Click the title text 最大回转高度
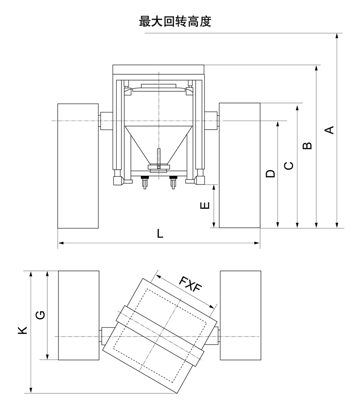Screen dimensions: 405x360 click(175, 22)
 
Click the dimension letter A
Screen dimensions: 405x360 click(329, 130)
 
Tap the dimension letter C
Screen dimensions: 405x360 click(289, 166)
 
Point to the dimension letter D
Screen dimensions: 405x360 click(270, 174)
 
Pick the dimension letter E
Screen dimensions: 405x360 click(205, 206)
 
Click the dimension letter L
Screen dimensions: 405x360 click(160, 234)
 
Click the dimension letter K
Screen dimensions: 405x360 click(23, 330)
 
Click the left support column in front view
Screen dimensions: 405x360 click(78, 165)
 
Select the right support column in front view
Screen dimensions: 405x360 click(239, 165)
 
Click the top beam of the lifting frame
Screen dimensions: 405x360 click(158, 70)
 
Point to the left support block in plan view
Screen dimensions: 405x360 click(79, 315)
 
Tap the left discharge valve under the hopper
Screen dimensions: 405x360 click(145, 182)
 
